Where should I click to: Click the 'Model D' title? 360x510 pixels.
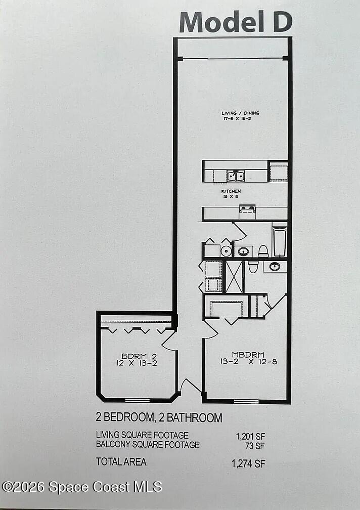pos(236,22)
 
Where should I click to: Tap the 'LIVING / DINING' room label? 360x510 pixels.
pos(240,113)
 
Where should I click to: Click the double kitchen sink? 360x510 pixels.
pos(236,176)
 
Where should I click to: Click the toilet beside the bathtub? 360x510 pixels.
pos(263,251)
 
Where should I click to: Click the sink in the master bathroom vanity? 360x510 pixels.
pos(275,266)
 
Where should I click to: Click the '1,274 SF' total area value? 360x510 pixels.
pos(248,463)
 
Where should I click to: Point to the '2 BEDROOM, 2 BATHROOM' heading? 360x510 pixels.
pos(159,418)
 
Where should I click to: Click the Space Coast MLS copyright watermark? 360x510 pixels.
pos(82,487)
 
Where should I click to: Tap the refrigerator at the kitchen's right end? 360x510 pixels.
pos(278,172)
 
